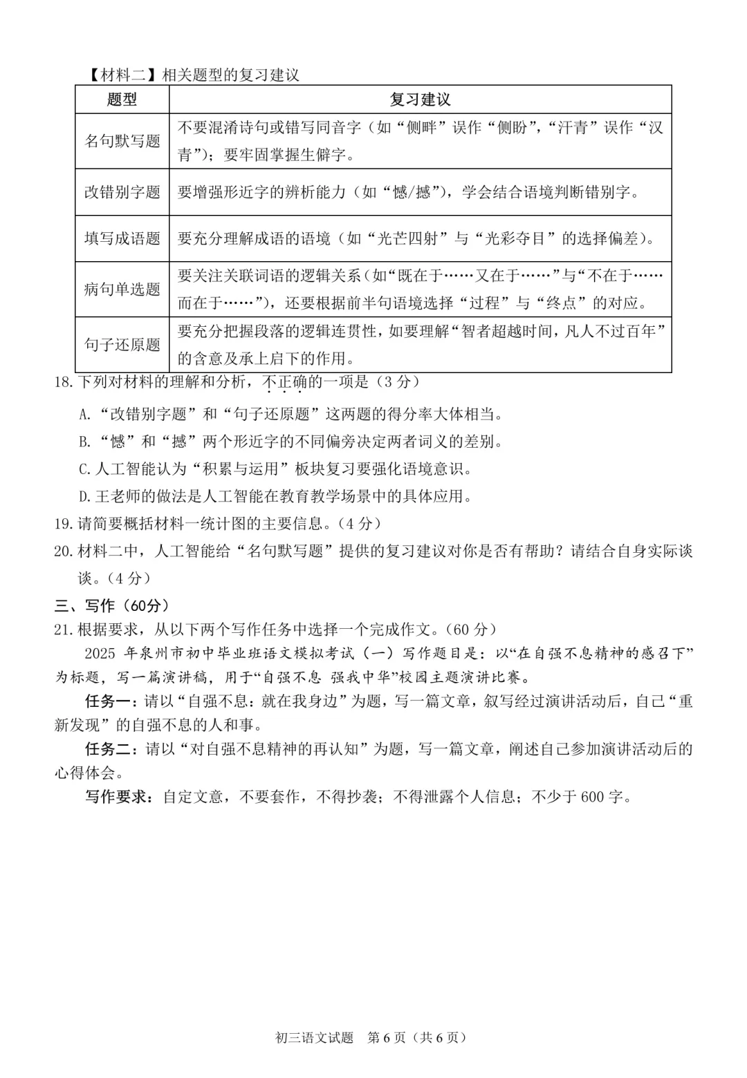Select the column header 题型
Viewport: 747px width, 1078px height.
click(122, 100)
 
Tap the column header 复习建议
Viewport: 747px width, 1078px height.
click(420, 100)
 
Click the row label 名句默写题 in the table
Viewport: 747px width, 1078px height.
click(122, 141)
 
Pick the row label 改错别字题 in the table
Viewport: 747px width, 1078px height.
click(122, 192)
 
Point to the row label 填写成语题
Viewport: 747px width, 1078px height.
click(122, 238)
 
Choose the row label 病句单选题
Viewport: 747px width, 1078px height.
click(122, 289)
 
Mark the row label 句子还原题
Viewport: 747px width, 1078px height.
click(122, 344)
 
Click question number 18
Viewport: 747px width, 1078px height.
click(64, 382)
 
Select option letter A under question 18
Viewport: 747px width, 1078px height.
click(84, 415)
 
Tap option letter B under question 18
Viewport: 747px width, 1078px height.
click(84, 442)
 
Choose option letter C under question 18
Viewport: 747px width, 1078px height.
click(84, 470)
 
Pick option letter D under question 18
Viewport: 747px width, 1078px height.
click(84, 497)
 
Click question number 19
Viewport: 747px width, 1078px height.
click(64, 524)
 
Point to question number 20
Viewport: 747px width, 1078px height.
click(64, 551)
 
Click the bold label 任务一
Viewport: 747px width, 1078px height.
click(110, 701)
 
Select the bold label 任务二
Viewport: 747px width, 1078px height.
click(110, 749)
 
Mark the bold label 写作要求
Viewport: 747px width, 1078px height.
click(117, 797)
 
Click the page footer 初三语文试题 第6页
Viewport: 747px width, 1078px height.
click(371, 1037)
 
